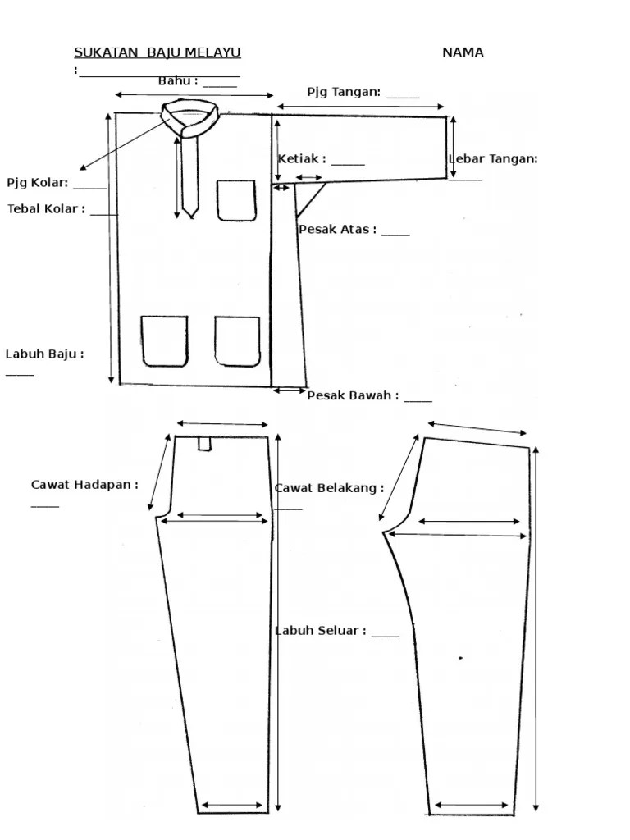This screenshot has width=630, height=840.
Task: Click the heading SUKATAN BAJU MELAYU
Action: click(x=157, y=53)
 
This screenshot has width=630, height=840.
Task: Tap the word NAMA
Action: click(x=463, y=53)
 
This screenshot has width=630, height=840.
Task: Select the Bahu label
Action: click(x=177, y=81)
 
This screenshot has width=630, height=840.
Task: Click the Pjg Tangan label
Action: click(x=344, y=92)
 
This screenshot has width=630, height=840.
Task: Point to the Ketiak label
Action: click(x=301, y=159)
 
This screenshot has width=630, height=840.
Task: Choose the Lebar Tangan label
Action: click(x=492, y=159)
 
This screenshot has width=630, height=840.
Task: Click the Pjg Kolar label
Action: click(x=37, y=183)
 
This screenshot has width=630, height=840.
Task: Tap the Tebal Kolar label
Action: click(x=46, y=209)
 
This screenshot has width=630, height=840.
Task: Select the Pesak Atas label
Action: click(x=337, y=230)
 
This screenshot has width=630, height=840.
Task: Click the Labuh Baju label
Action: click(x=44, y=354)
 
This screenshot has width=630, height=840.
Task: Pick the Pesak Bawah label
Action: click(x=353, y=396)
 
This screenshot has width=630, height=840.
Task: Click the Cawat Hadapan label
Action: click(x=84, y=485)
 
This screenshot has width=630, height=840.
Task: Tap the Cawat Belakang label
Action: click(x=328, y=488)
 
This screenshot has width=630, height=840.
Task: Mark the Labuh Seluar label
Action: click(x=320, y=631)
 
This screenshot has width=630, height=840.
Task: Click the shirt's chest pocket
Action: click(x=236, y=200)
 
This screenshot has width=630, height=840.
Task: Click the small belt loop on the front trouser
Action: click(x=204, y=444)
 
